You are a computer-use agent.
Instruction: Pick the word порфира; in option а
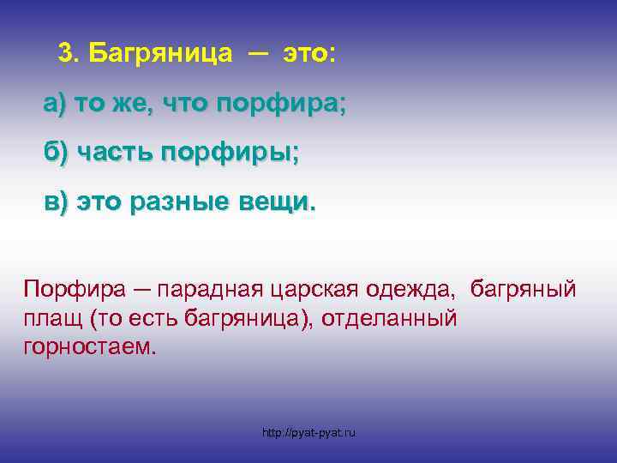(282, 105)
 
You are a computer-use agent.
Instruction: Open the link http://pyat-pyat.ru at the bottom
(308, 432)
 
